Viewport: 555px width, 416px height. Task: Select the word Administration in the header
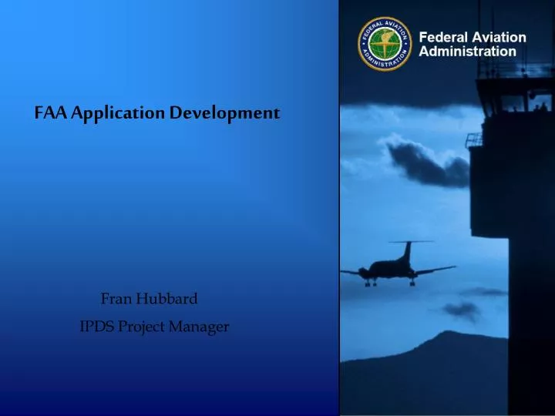point(467,52)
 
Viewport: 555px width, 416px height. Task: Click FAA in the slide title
point(50,112)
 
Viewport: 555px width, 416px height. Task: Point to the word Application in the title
point(117,113)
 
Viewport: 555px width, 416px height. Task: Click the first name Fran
point(117,298)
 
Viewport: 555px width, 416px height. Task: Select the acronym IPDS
point(97,327)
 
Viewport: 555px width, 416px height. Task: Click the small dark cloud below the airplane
point(462,310)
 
